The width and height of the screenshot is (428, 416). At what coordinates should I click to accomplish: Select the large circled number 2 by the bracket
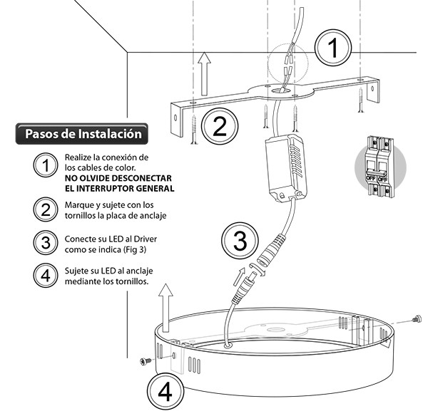[220, 127]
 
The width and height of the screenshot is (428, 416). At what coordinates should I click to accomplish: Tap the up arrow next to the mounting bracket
[204, 71]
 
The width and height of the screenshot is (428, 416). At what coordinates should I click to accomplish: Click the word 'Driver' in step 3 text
[141, 239]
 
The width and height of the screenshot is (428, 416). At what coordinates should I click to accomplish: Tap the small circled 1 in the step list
[46, 165]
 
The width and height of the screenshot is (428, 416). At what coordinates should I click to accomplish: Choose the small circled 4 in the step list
[46, 275]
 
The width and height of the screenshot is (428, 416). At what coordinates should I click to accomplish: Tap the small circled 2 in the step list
[46, 208]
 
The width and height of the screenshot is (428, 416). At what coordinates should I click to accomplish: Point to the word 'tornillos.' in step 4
[128, 281]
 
